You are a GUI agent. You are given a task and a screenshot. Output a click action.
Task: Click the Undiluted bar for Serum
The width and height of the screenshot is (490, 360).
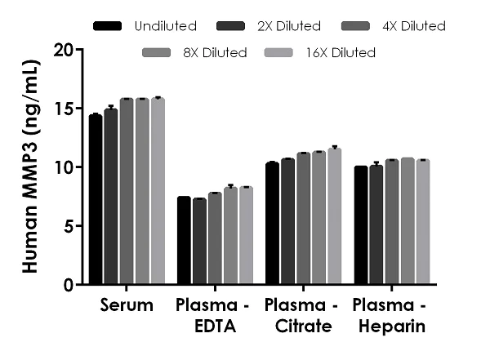coord(96,200)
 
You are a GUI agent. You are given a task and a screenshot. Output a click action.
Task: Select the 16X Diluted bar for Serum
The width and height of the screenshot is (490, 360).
coord(158,192)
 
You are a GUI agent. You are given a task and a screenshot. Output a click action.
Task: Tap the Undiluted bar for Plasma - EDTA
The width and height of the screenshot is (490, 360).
coord(184,241)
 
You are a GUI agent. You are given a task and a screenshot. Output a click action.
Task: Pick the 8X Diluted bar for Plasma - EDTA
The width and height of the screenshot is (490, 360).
coord(230,236)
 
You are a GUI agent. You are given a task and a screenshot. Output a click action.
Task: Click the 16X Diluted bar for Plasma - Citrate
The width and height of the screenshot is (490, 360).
coord(334,217)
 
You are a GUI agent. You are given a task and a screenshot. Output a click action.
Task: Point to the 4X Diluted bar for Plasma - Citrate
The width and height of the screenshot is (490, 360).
coord(303,219)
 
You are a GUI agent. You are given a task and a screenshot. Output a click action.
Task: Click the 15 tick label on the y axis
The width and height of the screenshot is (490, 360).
coord(62,109)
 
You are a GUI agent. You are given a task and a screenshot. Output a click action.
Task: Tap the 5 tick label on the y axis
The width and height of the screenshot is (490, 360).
coord(67,226)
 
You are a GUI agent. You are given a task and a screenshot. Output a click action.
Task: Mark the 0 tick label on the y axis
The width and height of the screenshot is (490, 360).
coord(67,285)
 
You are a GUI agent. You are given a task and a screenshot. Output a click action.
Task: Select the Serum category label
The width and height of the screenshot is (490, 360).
coord(127,306)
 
